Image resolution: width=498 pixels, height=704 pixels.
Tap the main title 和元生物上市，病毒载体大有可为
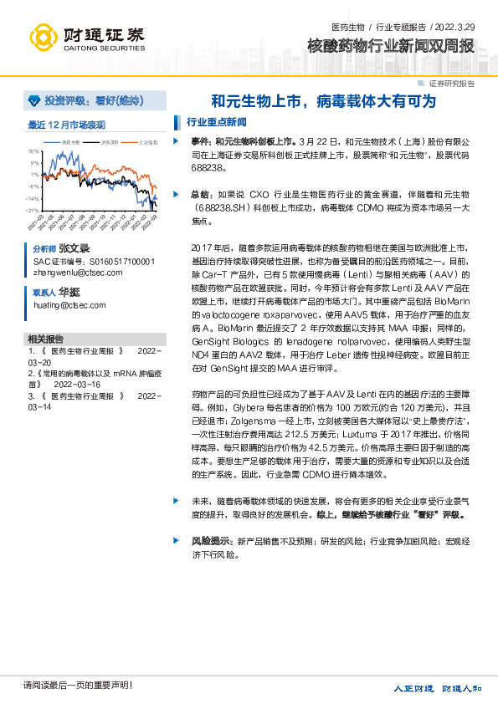coord(323,102)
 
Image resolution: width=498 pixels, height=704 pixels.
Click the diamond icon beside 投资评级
coord(33,100)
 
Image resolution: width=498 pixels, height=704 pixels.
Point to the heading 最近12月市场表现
coord(66,125)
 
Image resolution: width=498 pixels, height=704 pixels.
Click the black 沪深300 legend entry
coord(105,143)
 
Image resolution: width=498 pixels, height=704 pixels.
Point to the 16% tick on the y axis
coord(33,151)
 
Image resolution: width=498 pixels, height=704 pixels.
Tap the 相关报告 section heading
coord(45,339)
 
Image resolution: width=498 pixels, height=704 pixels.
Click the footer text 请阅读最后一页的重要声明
coord(78,686)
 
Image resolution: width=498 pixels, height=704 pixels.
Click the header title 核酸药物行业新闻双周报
coord(390,45)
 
